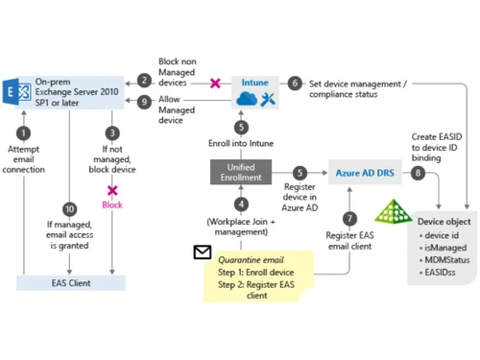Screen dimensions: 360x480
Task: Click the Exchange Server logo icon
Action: coord(18,91)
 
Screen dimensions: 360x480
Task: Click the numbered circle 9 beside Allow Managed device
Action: coord(143,101)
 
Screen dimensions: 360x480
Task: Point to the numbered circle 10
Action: coord(69,208)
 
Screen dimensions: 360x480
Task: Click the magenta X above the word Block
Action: coord(112,191)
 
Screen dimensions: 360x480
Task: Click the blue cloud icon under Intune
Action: coord(245,99)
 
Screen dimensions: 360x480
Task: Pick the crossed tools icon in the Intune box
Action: coord(268,99)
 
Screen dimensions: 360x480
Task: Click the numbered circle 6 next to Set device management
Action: coord(295,84)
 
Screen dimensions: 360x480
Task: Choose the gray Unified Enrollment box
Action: coord(242,173)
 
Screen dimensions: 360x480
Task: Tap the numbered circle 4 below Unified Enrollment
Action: coord(242,204)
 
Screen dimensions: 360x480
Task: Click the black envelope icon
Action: coord(203,252)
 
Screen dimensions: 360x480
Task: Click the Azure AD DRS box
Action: coord(364,172)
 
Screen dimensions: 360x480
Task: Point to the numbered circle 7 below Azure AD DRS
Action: coord(349,218)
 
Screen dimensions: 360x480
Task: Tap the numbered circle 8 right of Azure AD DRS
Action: coord(418,173)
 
